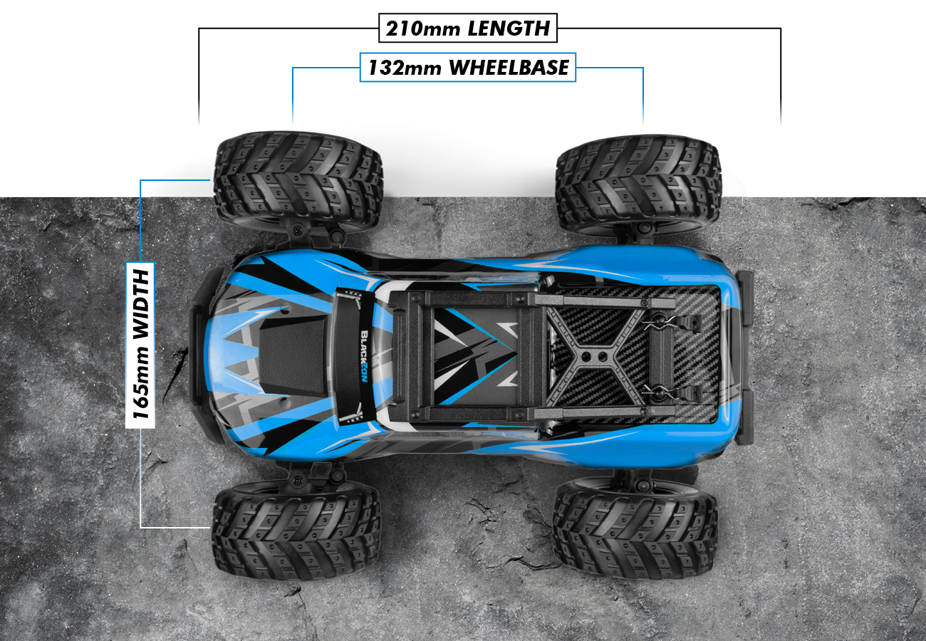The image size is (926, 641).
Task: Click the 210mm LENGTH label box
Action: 467,28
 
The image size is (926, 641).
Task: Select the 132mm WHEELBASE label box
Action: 467,67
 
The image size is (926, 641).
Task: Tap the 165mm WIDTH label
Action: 140,345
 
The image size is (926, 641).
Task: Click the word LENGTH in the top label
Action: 509,28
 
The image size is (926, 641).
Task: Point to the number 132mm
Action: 405,68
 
